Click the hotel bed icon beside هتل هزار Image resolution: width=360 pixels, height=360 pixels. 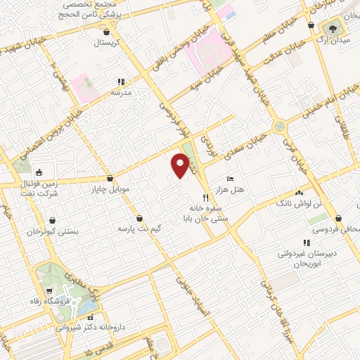click(229, 180)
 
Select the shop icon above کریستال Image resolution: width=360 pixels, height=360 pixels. click(106, 32)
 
